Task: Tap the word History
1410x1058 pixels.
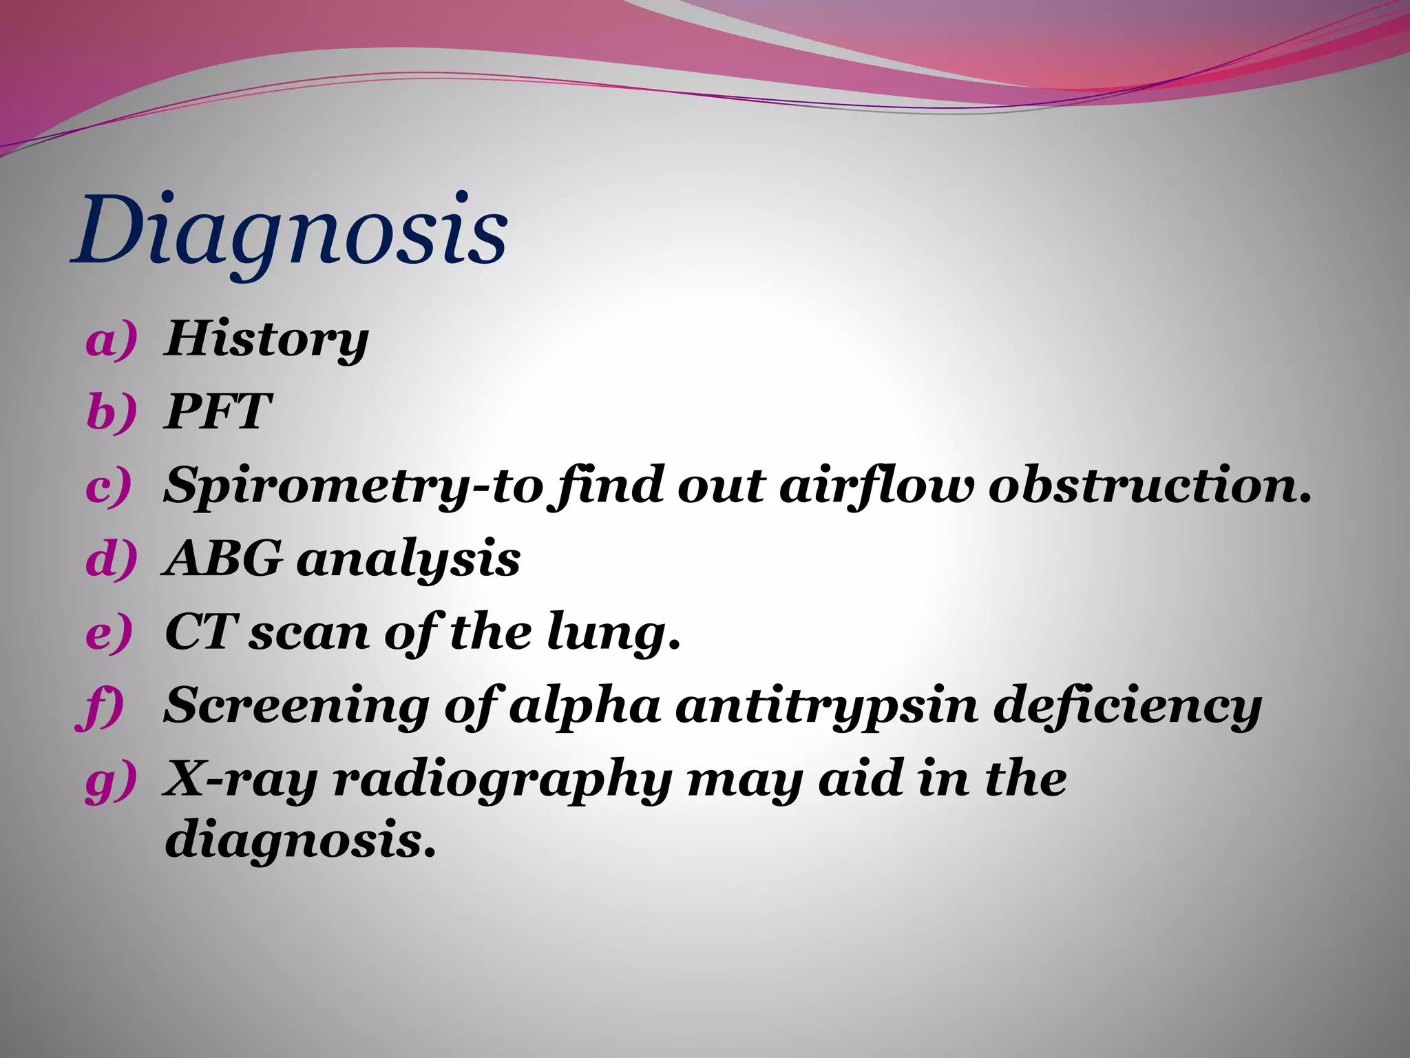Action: pyautogui.click(x=266, y=341)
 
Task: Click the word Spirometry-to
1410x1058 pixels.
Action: pyautogui.click(x=353, y=486)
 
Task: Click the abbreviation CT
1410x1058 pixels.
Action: pyautogui.click(x=200, y=632)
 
